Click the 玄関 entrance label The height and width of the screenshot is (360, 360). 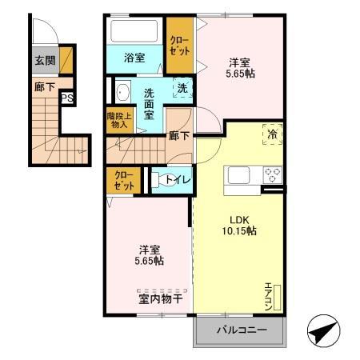[x=44, y=59]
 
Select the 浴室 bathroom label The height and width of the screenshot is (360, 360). [x=134, y=59]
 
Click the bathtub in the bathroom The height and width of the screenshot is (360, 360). [x=135, y=33]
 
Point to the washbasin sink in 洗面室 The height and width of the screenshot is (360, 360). [x=122, y=93]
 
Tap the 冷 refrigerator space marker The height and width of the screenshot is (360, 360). [x=271, y=134]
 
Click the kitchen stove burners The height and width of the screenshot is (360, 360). [x=271, y=175]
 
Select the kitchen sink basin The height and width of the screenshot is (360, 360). [x=240, y=175]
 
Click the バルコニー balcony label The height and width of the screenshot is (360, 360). [x=240, y=330]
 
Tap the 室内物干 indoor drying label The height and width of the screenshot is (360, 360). [x=150, y=300]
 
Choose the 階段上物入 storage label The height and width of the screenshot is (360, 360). [x=117, y=121]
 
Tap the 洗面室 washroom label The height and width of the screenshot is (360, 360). [x=150, y=103]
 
